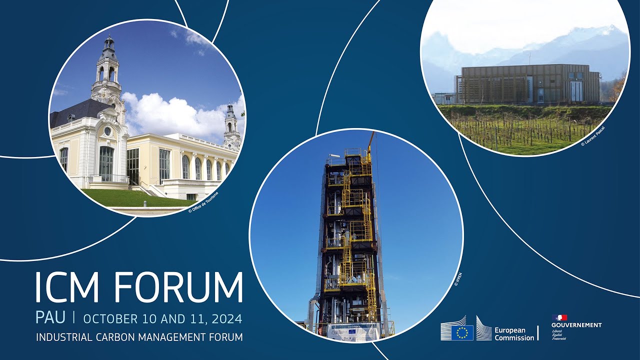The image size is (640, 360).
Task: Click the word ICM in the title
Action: [68, 288]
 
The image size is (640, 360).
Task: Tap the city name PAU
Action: [50, 318]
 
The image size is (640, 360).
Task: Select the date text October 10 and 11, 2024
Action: [162, 318]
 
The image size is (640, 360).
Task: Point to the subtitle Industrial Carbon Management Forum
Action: [139, 337]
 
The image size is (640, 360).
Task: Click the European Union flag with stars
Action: [462, 332]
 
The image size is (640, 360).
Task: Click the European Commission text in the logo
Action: [514, 334]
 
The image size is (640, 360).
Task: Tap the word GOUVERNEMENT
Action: [576, 325]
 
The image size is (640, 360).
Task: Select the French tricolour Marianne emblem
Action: [559, 317]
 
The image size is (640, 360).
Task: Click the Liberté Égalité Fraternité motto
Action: [559, 334]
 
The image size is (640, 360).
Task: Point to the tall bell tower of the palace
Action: [106, 70]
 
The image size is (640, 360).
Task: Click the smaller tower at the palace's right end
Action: [231, 127]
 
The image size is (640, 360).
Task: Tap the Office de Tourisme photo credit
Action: [203, 202]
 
